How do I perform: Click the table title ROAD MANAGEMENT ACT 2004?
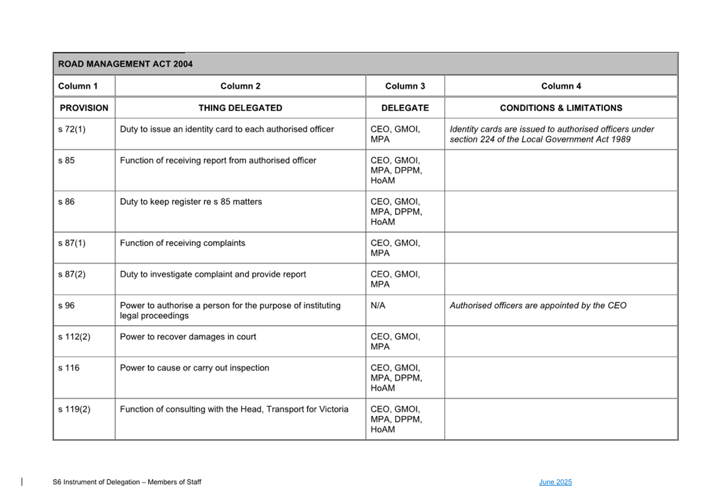[125, 64]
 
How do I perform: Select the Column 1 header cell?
[78, 86]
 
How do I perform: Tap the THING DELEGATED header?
[240, 108]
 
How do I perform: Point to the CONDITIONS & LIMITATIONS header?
[561, 108]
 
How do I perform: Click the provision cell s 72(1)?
[72, 129]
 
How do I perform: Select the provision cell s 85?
[66, 160]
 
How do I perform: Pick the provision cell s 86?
[66, 202]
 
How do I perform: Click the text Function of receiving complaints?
[182, 243]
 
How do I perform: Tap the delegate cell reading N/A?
[378, 306]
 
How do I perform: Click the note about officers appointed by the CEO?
[538, 306]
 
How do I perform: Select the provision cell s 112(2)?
[74, 337]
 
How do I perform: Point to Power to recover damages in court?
[188, 337]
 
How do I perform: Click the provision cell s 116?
[68, 368]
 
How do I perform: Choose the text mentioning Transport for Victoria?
[234, 409]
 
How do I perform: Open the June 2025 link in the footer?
[555, 482]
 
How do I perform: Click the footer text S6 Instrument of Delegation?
[127, 482]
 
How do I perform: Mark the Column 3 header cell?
[405, 86]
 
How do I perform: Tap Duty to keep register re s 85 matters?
[191, 202]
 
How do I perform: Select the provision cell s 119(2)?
[74, 409]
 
